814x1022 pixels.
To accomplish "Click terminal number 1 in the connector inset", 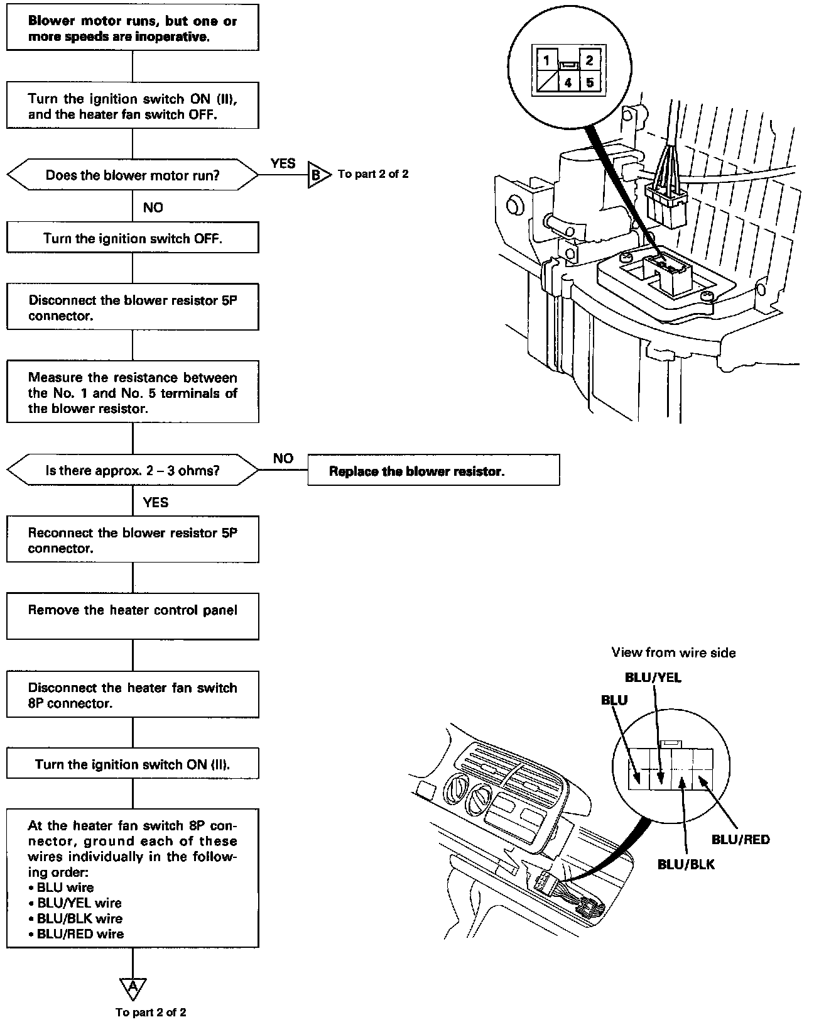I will (547, 61).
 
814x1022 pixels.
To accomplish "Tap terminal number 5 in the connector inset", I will (589, 82).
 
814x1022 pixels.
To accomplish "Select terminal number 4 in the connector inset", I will (568, 82).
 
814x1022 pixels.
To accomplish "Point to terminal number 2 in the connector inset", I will (589, 60).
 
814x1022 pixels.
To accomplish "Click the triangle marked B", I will (318, 175).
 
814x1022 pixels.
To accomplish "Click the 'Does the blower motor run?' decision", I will (133, 175).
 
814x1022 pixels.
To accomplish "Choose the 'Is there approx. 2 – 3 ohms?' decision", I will (133, 470).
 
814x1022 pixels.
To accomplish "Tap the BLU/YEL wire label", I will (653, 678).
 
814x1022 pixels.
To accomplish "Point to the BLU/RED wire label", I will (741, 839).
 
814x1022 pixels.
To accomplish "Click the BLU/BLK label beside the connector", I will (686, 864).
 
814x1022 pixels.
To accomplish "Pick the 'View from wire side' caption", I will (673, 652).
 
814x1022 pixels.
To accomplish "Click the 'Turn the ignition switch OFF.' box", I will (133, 238).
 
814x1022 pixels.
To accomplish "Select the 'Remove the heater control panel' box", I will (133, 616).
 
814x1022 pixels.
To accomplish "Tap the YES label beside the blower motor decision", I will (283, 163).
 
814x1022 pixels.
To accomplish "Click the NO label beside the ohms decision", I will (283, 458).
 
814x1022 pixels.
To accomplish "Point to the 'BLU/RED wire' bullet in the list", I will (80, 933).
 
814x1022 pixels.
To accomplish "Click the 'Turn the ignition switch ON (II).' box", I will (133, 764).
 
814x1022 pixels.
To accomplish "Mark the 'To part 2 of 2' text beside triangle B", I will (373, 174).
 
